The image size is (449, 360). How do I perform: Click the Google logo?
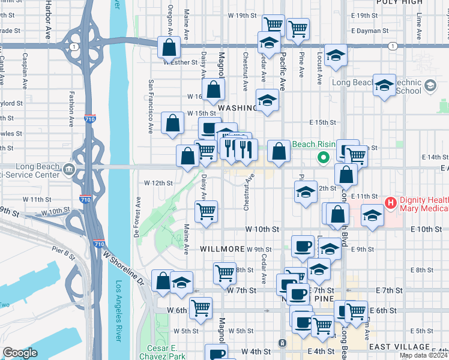pyautogui.click(x=20, y=353)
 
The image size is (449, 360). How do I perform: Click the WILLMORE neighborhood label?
pyautogui.click(x=221, y=248)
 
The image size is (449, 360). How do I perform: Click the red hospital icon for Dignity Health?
pyautogui.click(x=391, y=203)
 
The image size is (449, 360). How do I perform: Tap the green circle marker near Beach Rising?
pyautogui.click(x=323, y=158)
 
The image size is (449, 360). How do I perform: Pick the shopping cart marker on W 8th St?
pyautogui.click(x=224, y=272)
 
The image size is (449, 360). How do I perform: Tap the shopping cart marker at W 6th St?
pyautogui.click(x=200, y=308)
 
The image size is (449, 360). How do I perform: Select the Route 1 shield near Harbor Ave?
pyautogui.click(x=73, y=46)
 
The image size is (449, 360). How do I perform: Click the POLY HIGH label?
pyautogui.click(x=396, y=2)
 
